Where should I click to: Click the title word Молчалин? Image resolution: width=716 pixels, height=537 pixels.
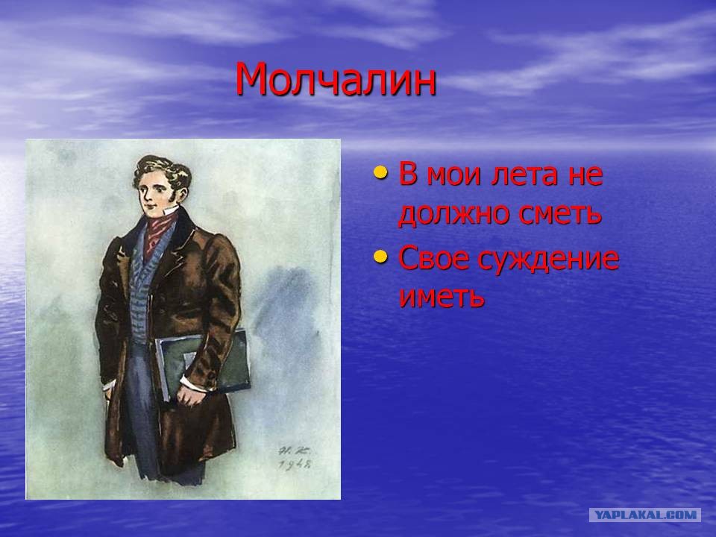point(336,80)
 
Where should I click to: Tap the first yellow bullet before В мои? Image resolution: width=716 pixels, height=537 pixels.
point(380,172)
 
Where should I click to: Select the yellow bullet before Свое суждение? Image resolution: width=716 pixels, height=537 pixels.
point(380,256)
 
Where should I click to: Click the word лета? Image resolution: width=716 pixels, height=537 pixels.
point(524,175)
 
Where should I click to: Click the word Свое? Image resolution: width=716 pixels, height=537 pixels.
point(434,258)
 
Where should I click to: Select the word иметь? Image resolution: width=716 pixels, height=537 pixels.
point(442,298)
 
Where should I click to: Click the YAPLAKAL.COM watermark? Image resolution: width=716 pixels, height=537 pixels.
point(647,515)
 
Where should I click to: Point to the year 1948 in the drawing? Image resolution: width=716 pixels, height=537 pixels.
point(295,464)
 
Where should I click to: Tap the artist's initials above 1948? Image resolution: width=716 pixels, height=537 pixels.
point(293,450)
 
